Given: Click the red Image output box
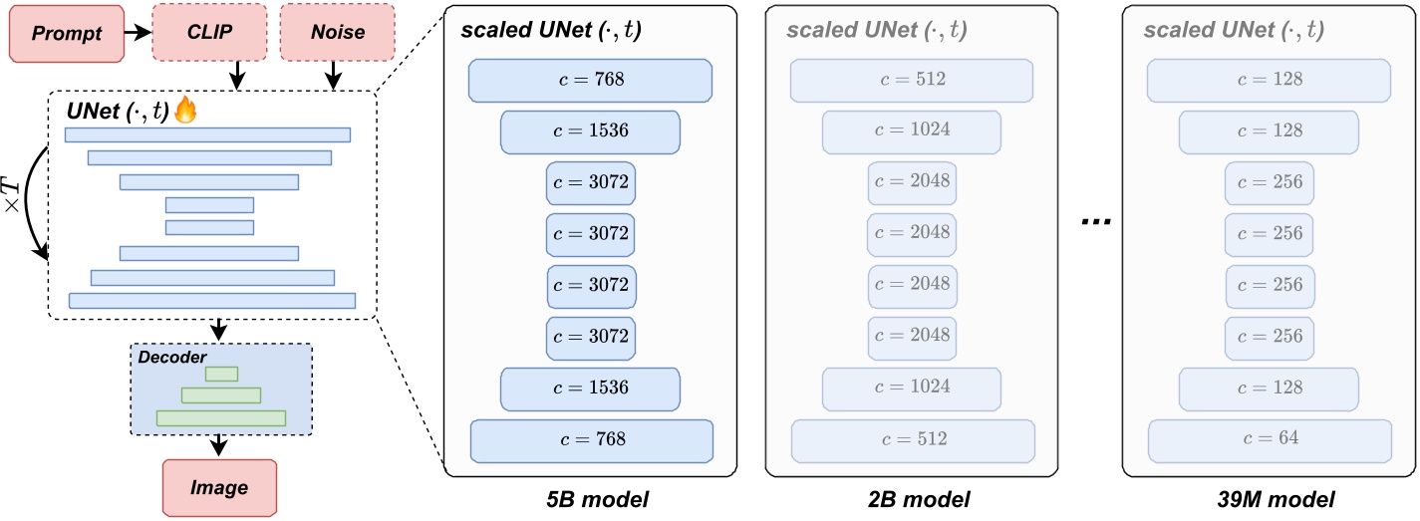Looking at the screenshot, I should tap(218, 488).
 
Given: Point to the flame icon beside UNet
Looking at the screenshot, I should tap(185, 112).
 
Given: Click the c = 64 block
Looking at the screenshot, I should tap(1270, 438).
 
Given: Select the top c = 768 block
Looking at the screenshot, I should tap(590, 80).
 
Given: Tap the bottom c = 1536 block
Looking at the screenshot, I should tap(590, 388).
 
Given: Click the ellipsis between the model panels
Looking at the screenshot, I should tap(1093, 222).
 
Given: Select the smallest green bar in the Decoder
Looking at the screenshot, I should tap(221, 375).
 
